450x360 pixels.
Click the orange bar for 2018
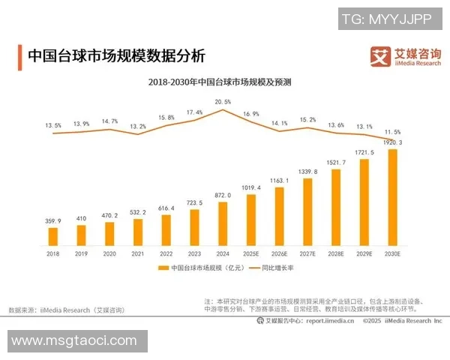[53, 237]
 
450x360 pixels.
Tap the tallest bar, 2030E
[392, 198]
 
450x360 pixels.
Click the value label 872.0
[223, 195]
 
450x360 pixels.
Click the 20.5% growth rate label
[223, 101]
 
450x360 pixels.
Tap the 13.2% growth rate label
[138, 127]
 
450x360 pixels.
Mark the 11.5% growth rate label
[393, 132]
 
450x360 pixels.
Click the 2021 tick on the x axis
[138, 255]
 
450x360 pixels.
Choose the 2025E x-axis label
[251, 255]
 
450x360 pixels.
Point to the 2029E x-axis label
[364, 255]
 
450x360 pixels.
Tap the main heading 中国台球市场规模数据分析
[115, 56]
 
